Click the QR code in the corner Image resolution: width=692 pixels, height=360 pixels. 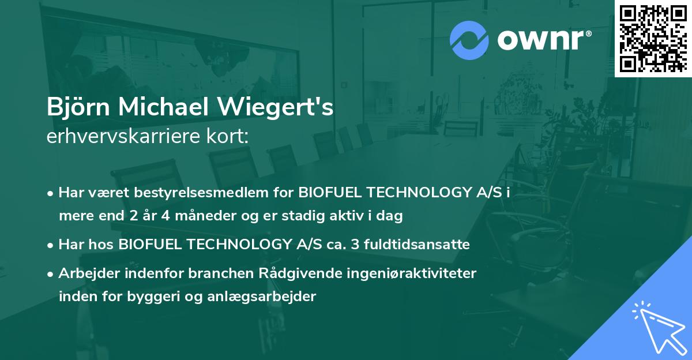[x=653, y=38]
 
